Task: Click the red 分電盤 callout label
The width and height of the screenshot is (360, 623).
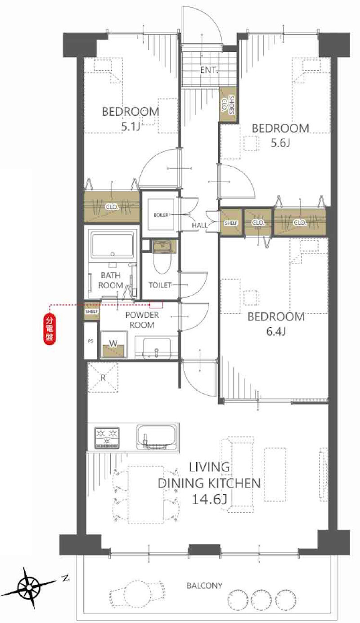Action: [x=50, y=330]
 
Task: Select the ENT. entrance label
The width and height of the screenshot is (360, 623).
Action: [x=209, y=70]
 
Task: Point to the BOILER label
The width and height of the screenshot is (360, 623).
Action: [x=161, y=215]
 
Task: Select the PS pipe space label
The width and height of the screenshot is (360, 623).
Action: [x=90, y=341]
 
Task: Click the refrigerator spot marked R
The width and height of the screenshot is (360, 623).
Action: [x=103, y=377]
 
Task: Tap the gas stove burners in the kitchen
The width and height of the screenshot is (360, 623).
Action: [x=107, y=438]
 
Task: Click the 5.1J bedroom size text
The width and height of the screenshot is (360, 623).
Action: [x=130, y=127]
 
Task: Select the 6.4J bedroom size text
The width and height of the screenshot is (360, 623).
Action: [x=276, y=331]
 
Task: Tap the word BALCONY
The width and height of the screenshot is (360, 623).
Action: [x=204, y=586]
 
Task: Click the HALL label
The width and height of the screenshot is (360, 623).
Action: [x=200, y=225]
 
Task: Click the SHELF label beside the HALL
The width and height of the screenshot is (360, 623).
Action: [x=231, y=223]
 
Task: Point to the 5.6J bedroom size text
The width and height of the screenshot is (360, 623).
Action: [x=280, y=143]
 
